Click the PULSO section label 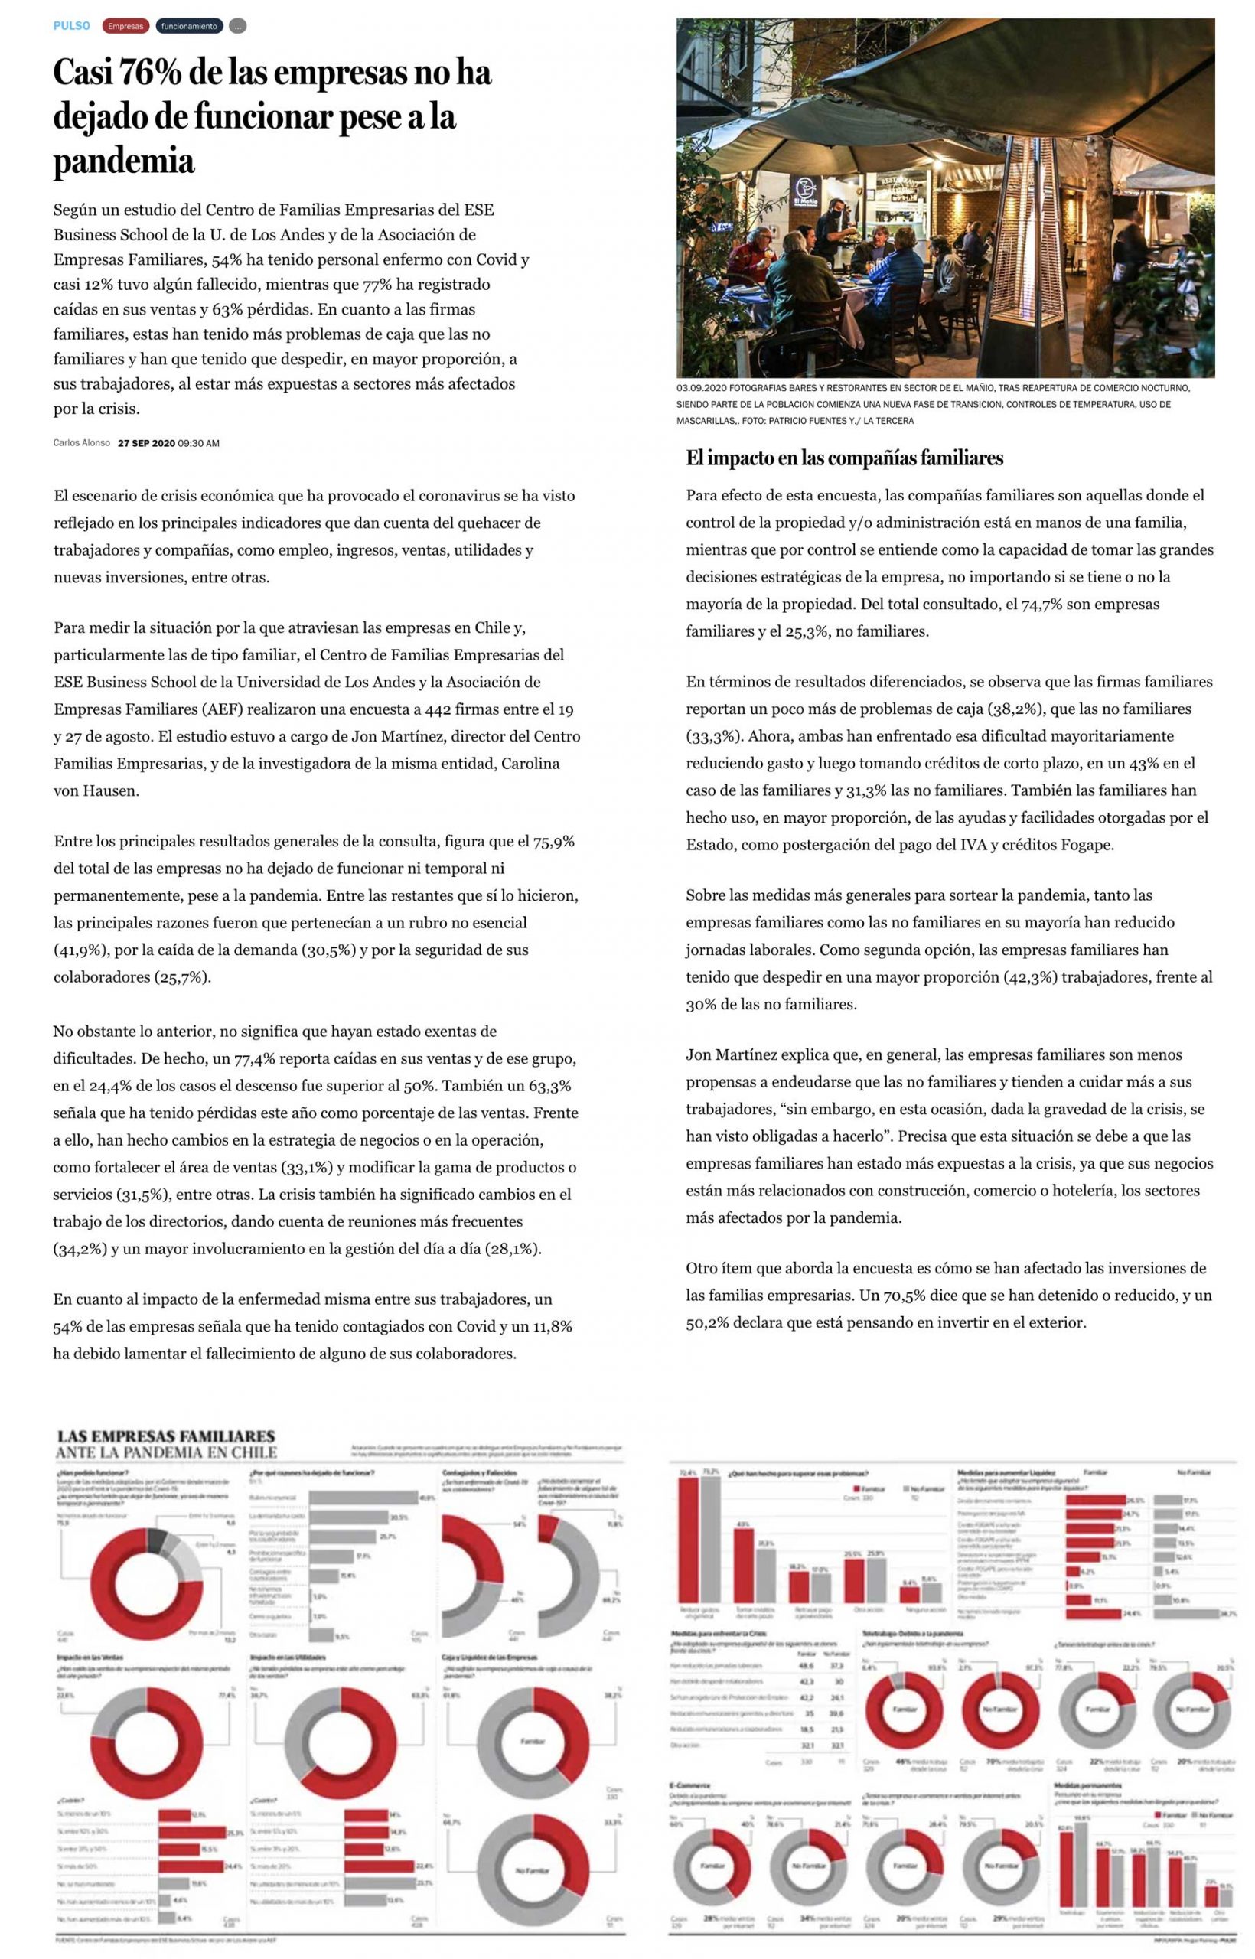[72, 26]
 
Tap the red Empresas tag [125, 26]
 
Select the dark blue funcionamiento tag [189, 26]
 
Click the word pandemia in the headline [124, 161]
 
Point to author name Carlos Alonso [81, 443]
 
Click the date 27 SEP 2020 [147, 443]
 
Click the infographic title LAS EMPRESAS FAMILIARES [165, 1436]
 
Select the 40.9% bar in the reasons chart [363, 1497]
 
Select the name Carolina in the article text [530, 764]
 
